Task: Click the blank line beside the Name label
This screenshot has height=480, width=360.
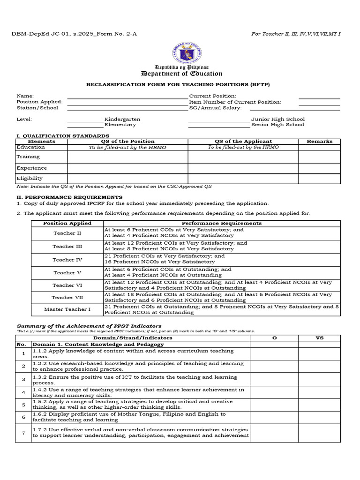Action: pos(127,97)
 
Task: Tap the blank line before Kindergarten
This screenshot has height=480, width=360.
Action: pos(85,121)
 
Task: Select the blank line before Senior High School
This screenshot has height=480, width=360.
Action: pos(219,127)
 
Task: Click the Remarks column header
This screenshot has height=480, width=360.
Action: pos(319,141)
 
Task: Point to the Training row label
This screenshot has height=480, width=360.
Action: pos(28,157)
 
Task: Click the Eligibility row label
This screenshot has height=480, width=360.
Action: pos(30,178)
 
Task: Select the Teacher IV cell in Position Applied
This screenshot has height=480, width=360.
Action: pos(67,260)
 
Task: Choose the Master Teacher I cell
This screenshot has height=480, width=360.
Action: pos(67,309)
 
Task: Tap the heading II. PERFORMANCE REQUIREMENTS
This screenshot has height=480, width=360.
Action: pos(69,197)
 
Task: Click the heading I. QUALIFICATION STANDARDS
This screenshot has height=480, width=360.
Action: pos(63,135)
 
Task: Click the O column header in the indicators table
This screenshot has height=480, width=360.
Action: pos(274,337)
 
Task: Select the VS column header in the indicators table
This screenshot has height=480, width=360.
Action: pos(319,337)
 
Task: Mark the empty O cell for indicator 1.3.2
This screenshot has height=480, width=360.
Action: pos(274,380)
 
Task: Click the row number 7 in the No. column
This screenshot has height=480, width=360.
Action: pos(23,433)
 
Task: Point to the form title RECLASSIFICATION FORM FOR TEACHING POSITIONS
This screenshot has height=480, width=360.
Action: pos(178,84)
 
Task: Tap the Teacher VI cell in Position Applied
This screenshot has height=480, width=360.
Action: pos(67,285)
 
